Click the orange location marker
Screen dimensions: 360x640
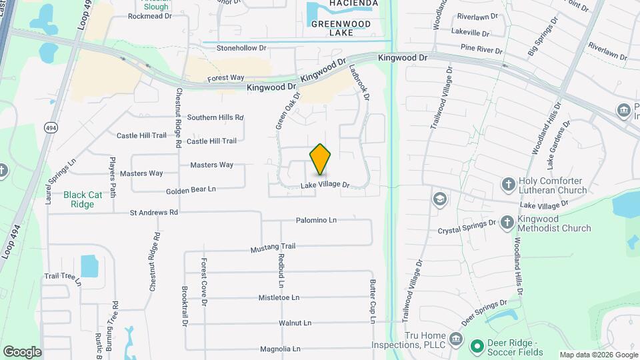[321, 160]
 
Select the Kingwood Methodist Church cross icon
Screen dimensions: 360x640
[508, 221]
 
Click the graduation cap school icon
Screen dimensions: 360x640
[439, 198]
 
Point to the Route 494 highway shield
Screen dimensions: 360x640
[50, 127]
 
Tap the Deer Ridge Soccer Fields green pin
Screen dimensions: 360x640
[477, 346]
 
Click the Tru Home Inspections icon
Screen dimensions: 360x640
[456, 340]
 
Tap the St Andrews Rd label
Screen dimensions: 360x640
[154, 213]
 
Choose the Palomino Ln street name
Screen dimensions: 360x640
[316, 220]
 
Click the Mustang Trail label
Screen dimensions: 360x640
[273, 248]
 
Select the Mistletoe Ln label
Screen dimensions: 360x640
[279, 297]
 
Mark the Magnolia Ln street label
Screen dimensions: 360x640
[280, 349]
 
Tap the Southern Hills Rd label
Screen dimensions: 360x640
[215, 117]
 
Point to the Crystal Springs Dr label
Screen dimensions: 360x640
[467, 228]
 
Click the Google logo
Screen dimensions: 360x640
[22, 351]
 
